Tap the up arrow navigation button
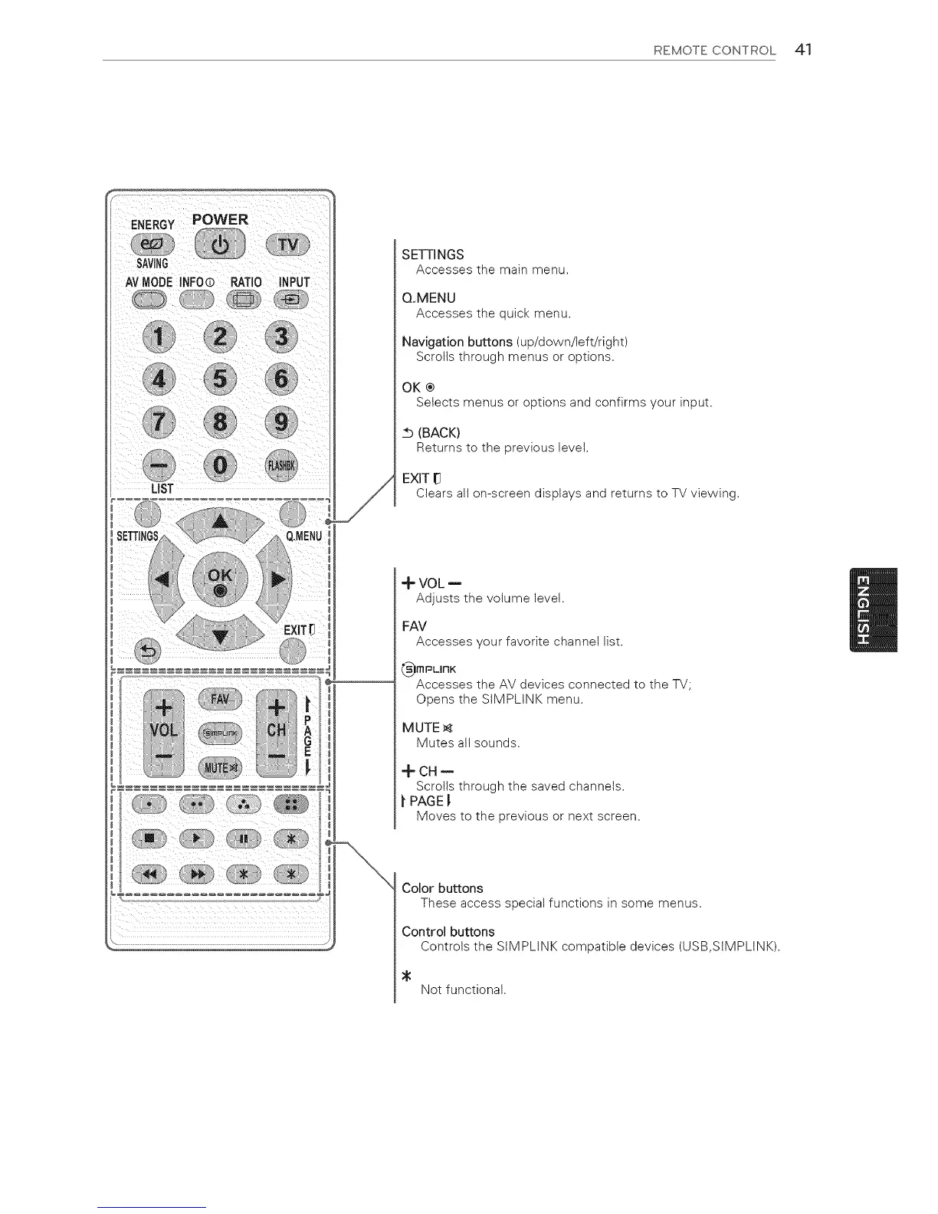tap(220, 521)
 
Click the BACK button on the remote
tap(149, 651)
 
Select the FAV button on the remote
tap(220, 698)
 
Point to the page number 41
tap(804, 50)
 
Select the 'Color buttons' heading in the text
tap(442, 888)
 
